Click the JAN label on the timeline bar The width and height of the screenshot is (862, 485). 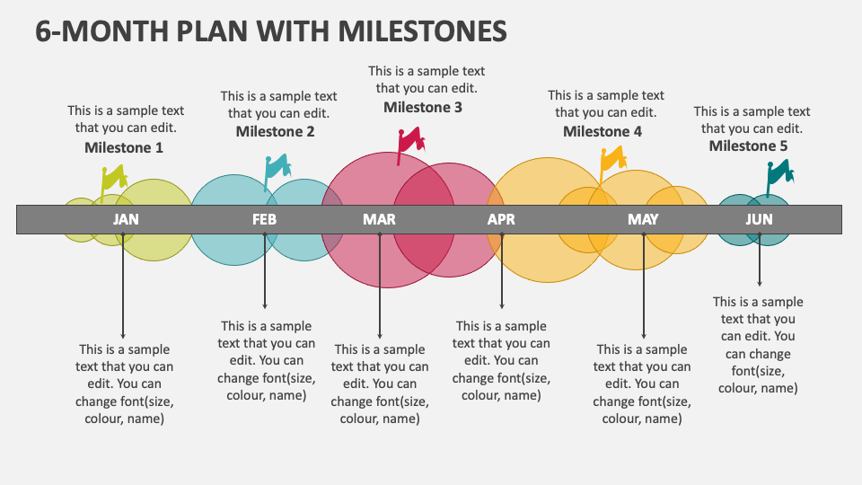click(126, 219)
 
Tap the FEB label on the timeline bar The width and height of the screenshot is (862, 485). click(264, 219)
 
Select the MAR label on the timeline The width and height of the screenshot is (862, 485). click(379, 219)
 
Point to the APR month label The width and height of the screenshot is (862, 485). click(501, 219)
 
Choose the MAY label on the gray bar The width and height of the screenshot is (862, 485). click(643, 219)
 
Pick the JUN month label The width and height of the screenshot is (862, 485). click(759, 219)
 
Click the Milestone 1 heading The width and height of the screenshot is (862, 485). click(124, 147)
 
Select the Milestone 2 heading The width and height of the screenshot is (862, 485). click(275, 131)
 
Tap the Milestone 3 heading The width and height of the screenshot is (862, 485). click(423, 108)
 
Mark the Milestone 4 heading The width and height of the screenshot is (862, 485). click(603, 131)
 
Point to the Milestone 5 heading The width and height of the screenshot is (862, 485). click(748, 146)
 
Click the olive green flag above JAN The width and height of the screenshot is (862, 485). click(114, 180)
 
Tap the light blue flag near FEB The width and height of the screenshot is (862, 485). click(277, 167)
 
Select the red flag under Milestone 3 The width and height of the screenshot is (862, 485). click(411, 140)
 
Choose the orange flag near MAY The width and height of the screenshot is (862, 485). click(612, 160)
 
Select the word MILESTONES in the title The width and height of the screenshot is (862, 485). click(423, 31)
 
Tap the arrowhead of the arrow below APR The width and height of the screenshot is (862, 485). click(502, 306)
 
